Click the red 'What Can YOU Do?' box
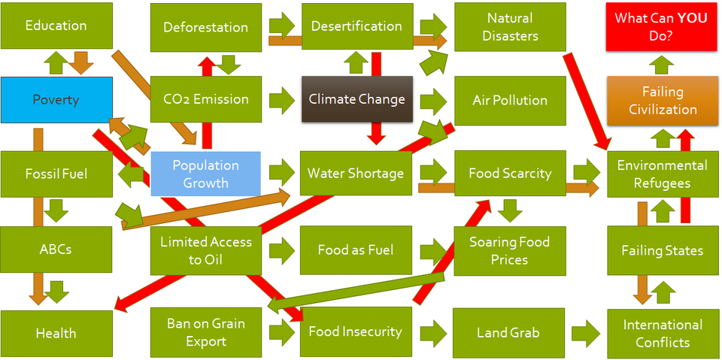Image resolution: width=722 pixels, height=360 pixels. click(x=662, y=26)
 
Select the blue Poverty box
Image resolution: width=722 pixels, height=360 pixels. click(x=56, y=100)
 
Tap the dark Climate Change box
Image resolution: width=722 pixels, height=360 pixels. click(x=357, y=99)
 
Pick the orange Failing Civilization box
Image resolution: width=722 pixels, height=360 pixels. click(x=663, y=101)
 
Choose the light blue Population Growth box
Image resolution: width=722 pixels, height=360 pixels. click(x=206, y=174)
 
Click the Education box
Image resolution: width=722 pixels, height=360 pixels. click(x=56, y=26)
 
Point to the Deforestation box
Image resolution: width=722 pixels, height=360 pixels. click(x=206, y=27)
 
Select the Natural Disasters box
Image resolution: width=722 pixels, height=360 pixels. click(x=510, y=26)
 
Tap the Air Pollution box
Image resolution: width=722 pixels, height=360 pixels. click(x=510, y=100)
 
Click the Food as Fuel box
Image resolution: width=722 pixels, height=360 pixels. click(x=356, y=250)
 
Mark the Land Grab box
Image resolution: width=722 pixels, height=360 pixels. click(x=509, y=332)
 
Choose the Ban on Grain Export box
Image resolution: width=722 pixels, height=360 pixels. click(x=206, y=332)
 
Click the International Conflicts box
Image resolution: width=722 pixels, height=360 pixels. click(x=663, y=332)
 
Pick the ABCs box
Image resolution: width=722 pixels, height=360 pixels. click(x=56, y=249)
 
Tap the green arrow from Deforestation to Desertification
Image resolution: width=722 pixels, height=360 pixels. click(x=282, y=24)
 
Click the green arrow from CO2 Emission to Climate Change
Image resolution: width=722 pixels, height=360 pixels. click(x=282, y=99)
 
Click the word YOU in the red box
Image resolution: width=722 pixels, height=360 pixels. click(x=691, y=18)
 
